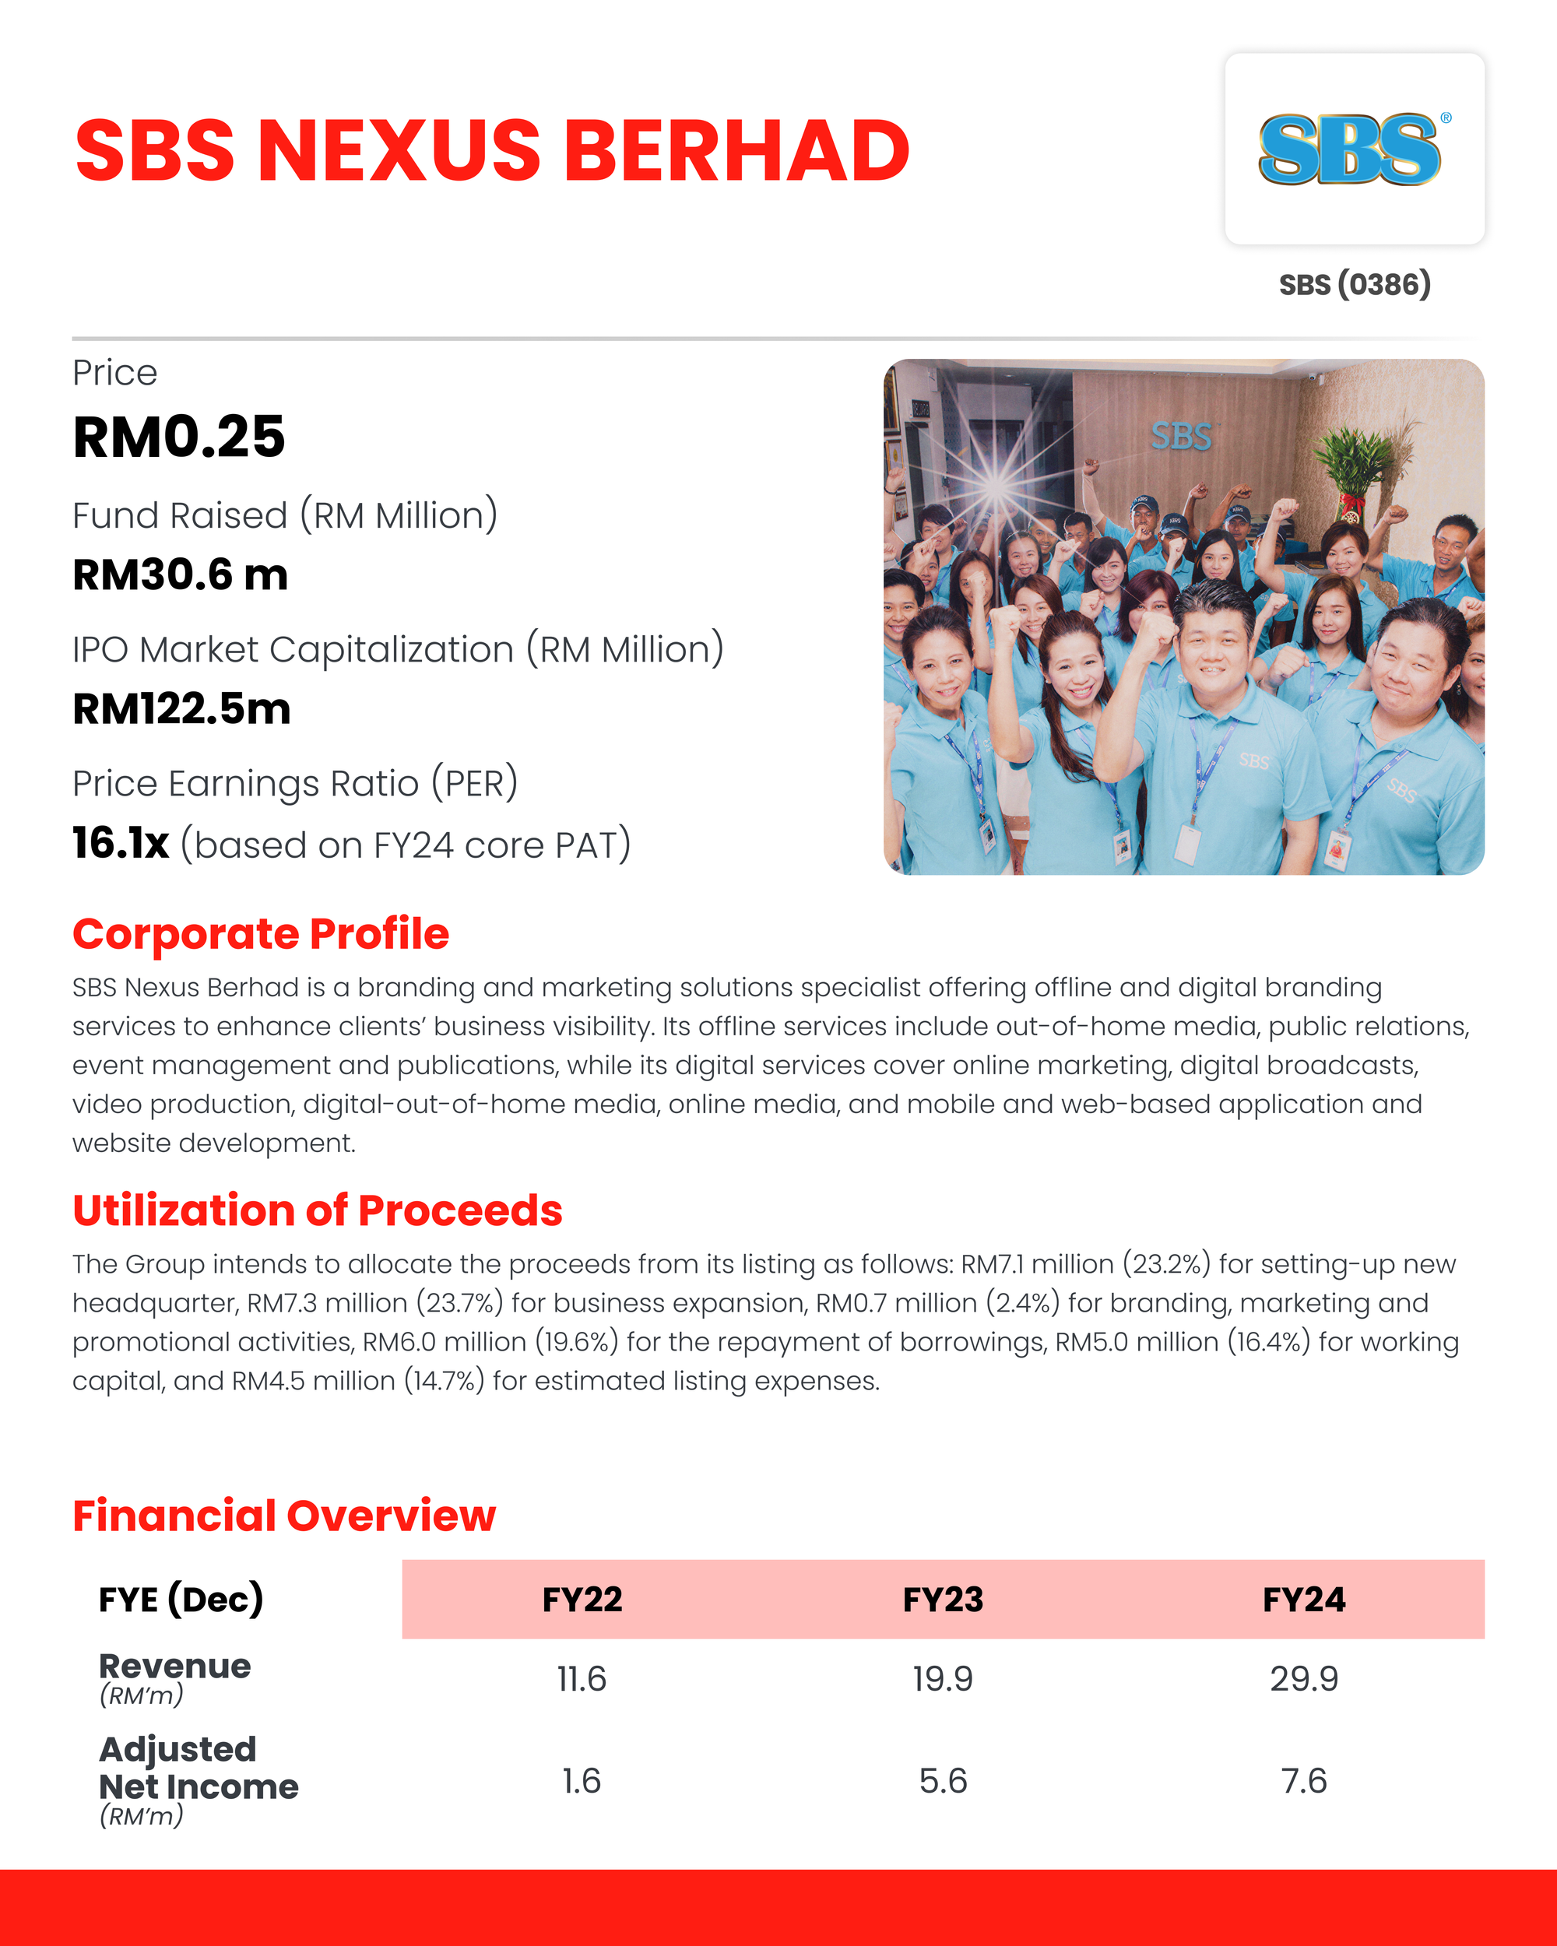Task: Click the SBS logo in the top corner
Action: (x=1352, y=149)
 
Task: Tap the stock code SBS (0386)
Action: (x=1354, y=284)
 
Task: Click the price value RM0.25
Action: (x=179, y=437)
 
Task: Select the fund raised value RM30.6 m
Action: (x=181, y=575)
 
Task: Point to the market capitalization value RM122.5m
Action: (x=181, y=708)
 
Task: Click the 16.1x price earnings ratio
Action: (x=121, y=843)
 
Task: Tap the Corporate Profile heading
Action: (x=261, y=934)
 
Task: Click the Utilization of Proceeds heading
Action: (x=317, y=1210)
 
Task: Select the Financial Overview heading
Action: (x=283, y=1516)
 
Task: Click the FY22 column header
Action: (x=582, y=1600)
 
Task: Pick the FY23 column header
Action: (x=944, y=1600)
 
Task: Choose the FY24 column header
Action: (x=1303, y=1600)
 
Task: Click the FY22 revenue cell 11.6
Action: (x=582, y=1679)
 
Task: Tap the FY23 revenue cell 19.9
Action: (x=944, y=1679)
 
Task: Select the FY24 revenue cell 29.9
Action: (x=1303, y=1679)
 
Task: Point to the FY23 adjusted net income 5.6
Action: (x=944, y=1781)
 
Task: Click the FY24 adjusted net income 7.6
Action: (x=1303, y=1781)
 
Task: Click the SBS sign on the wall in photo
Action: (x=1181, y=437)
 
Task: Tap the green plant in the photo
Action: (x=1358, y=460)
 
